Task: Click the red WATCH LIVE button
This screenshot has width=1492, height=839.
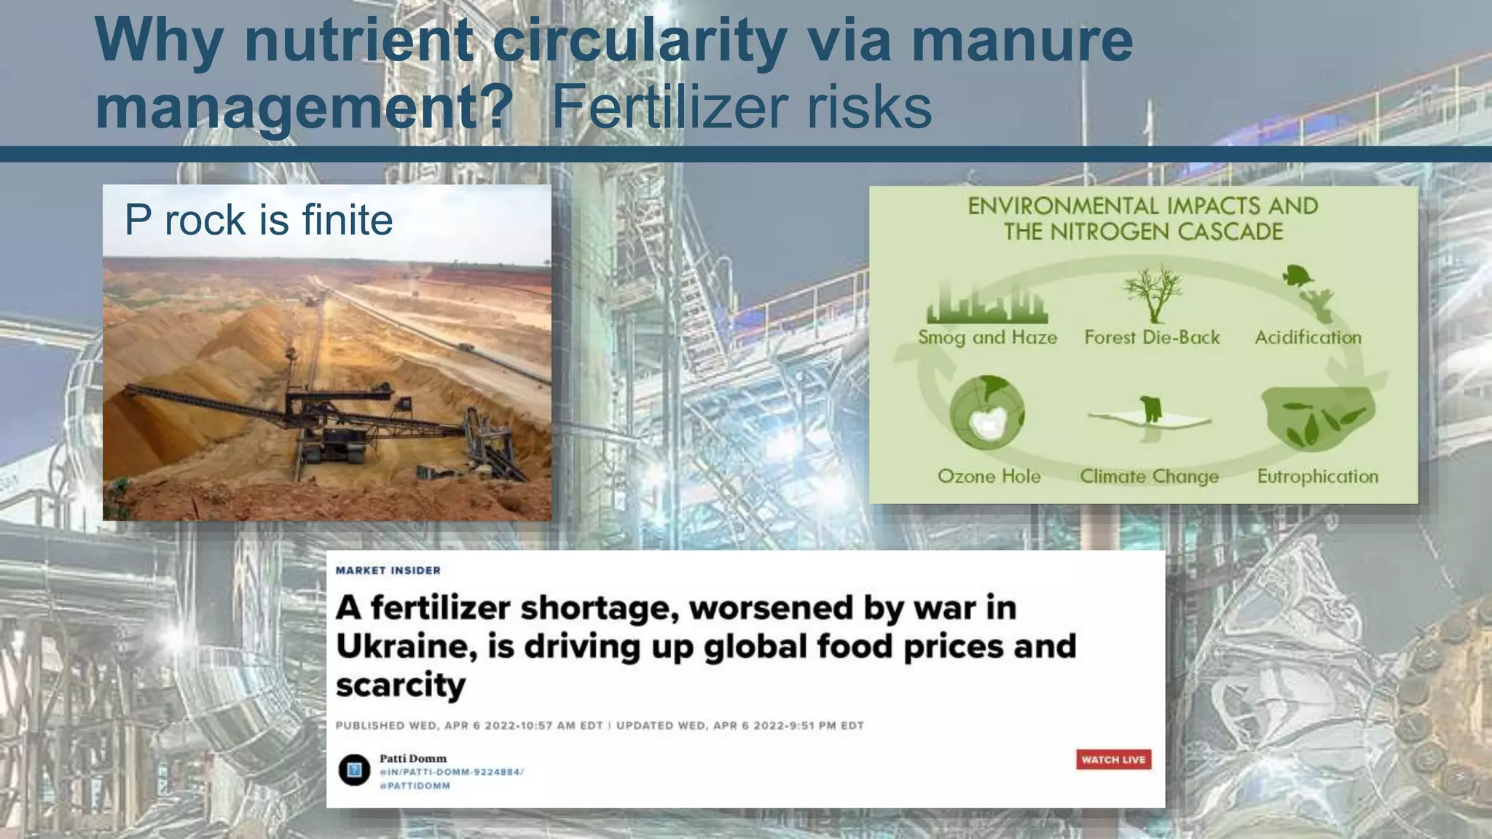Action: coord(1113,760)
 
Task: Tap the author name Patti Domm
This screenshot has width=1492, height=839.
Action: coord(412,758)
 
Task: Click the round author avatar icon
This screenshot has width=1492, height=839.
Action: coord(355,770)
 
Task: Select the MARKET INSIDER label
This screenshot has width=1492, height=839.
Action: coord(388,570)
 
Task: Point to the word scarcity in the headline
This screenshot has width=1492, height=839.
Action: coord(400,685)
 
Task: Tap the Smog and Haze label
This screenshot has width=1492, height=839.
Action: coord(987,337)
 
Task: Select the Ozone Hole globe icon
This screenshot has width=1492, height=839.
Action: coord(987,413)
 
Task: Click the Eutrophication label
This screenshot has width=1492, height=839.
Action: coord(1317,476)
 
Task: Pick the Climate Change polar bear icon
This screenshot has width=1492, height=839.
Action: coord(1150,410)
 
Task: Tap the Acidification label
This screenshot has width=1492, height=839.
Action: coord(1308,337)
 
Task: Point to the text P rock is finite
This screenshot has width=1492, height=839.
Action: coord(259,219)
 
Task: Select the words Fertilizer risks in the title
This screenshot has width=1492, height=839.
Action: coord(742,108)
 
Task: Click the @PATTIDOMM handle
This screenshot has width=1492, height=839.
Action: coord(415,786)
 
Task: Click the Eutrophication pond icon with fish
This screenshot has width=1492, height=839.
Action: coord(1318,418)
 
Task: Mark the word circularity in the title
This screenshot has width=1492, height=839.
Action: coord(639,40)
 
